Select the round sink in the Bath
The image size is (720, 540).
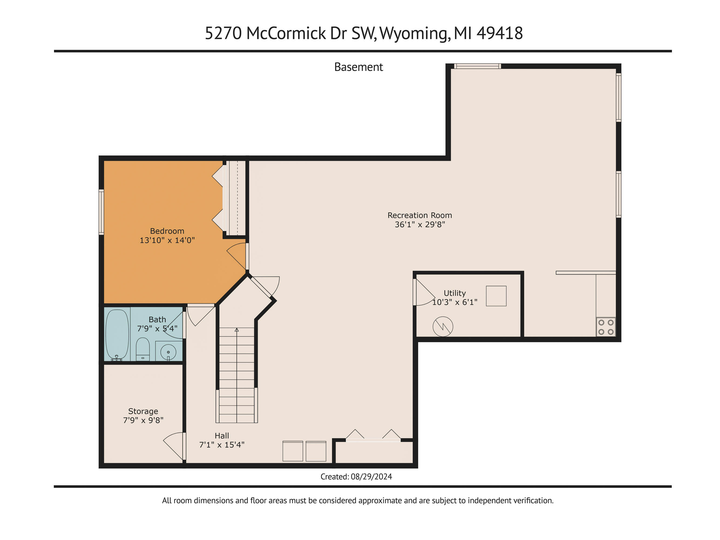pyautogui.click(x=168, y=352)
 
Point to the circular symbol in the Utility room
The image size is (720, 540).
pyautogui.click(x=443, y=326)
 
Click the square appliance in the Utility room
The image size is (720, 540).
pyautogui.click(x=496, y=296)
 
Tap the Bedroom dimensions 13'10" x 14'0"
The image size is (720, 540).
pyautogui.click(x=167, y=240)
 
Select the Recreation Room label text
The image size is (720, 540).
pyautogui.click(x=420, y=215)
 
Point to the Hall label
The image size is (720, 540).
pyautogui.click(x=222, y=436)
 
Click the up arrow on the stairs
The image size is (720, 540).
pyautogui.click(x=237, y=330)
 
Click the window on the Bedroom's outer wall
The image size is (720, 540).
pyautogui.click(x=101, y=212)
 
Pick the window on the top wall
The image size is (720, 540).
pyautogui.click(x=478, y=66)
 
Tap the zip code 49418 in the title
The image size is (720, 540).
pyautogui.click(x=500, y=33)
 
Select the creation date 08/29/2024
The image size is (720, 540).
pyautogui.click(x=371, y=477)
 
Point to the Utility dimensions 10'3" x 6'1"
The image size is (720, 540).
pyautogui.click(x=455, y=302)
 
